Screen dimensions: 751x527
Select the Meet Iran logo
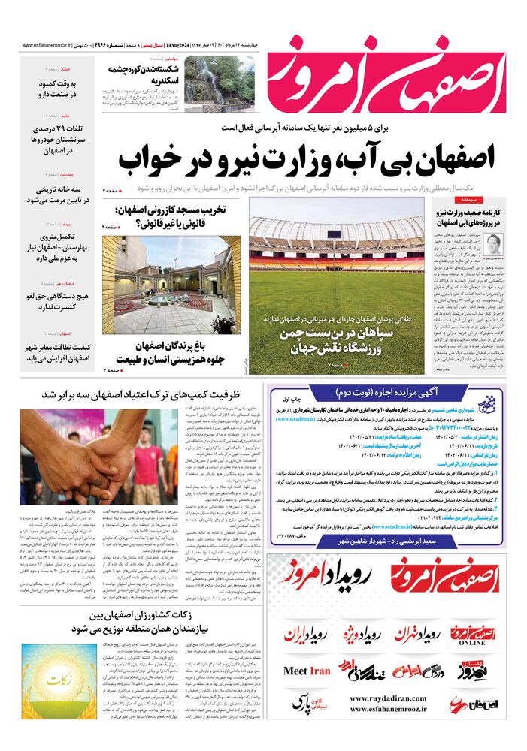coord(306,671)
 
